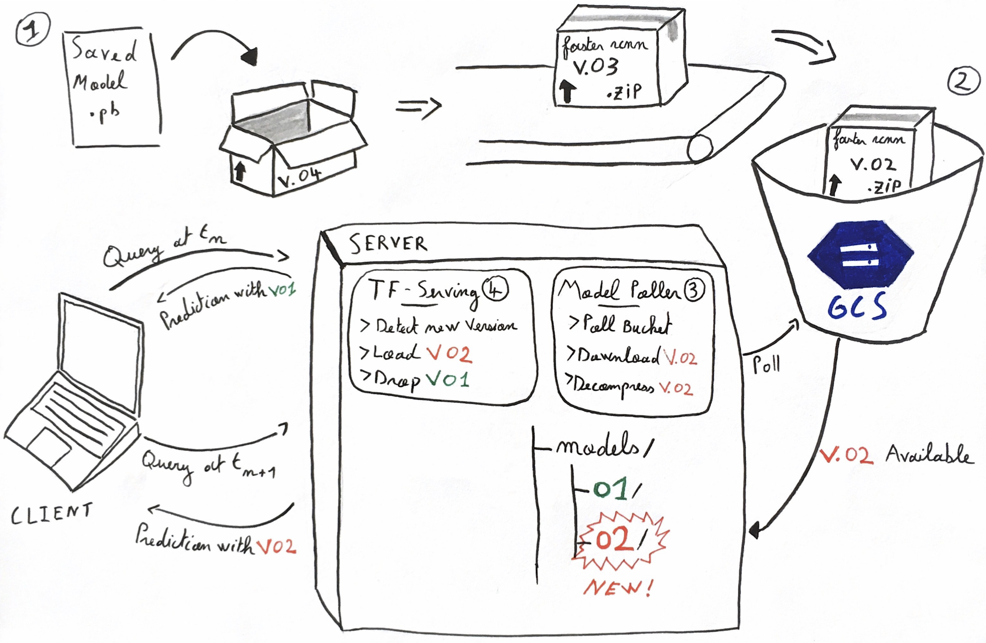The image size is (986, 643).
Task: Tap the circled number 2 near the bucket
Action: pos(964,81)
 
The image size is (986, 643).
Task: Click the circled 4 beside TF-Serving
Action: pos(495,289)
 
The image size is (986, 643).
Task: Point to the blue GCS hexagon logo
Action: pos(860,255)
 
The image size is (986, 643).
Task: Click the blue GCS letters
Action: pos(857,307)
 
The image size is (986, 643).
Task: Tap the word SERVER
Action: pos(388,244)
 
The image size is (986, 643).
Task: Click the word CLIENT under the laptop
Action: pos(52,514)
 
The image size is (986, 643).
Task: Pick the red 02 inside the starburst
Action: pos(614,540)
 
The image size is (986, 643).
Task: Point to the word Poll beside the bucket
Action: pos(766,365)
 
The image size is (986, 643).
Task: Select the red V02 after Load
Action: pos(449,354)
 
